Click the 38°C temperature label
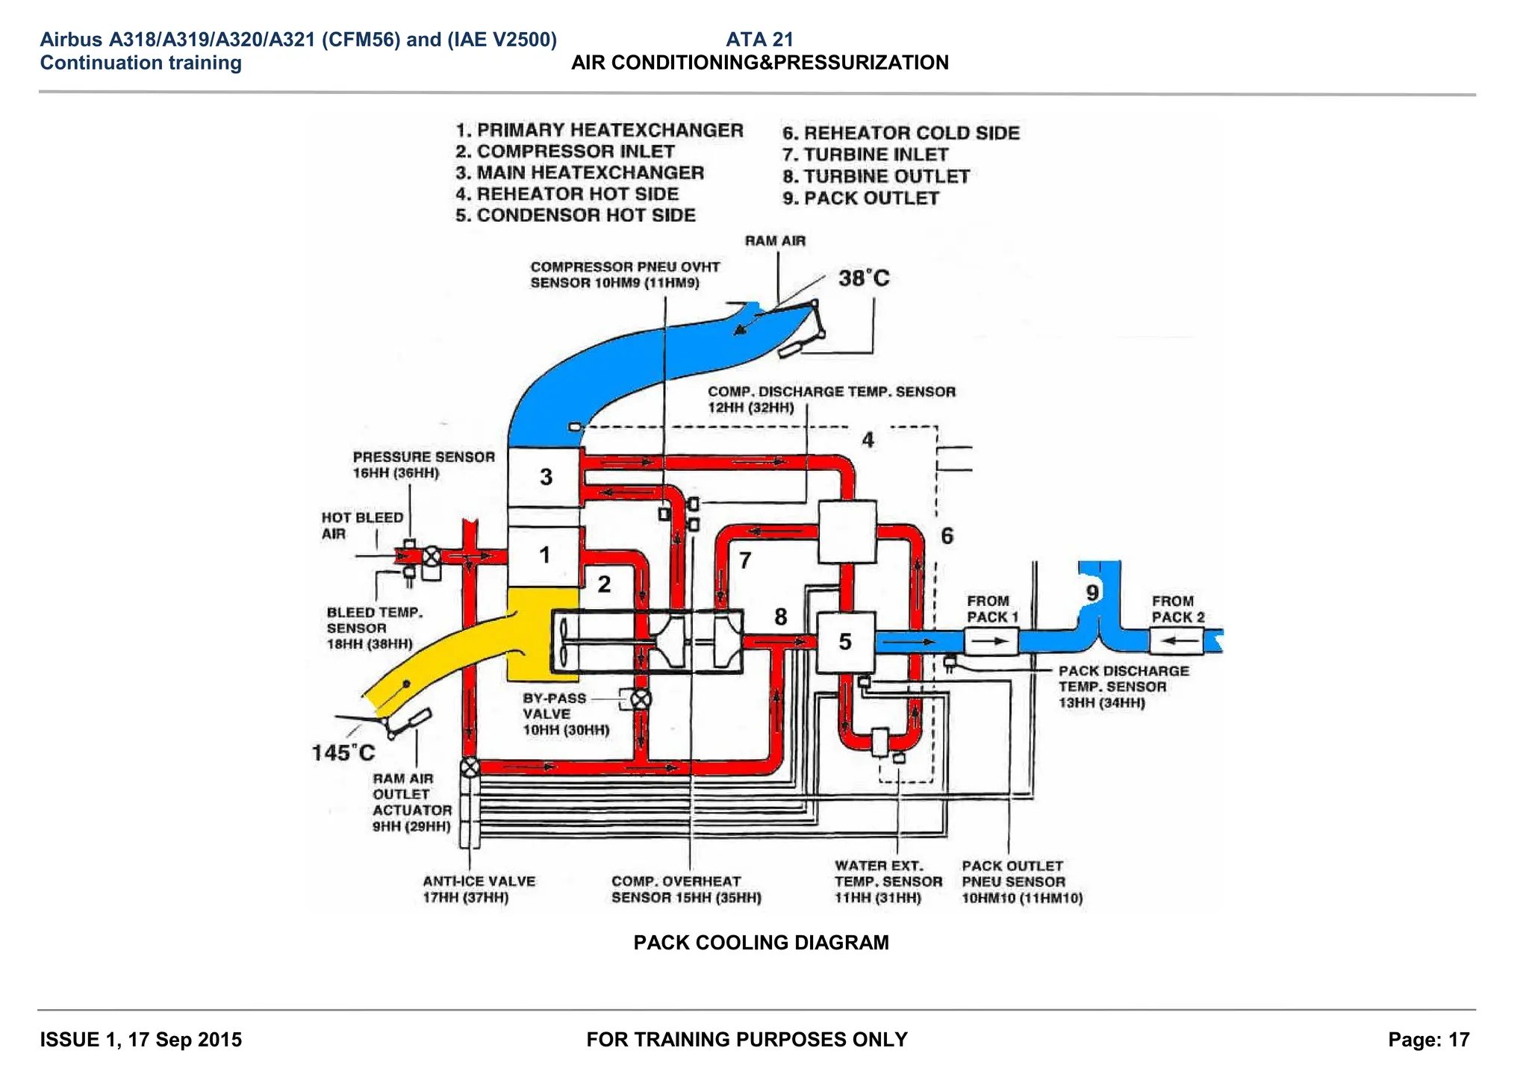tap(864, 278)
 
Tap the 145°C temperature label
tap(343, 752)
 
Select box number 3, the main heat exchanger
tap(545, 477)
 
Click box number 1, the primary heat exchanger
tap(545, 555)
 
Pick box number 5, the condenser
tap(845, 642)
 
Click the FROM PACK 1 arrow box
tap(991, 641)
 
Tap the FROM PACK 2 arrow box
tap(1175, 641)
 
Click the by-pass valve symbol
tap(641, 699)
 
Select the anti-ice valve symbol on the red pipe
tap(470, 767)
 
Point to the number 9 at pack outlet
tap(1092, 593)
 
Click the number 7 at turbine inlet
tap(744, 561)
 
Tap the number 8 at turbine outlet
tap(780, 617)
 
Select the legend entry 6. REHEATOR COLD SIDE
tap(900, 134)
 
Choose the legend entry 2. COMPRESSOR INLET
tap(565, 152)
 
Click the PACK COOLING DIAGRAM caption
tap(761, 943)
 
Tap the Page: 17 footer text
tap(1428, 1040)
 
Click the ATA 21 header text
tap(759, 40)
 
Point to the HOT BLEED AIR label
tap(361, 525)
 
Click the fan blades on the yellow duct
tap(563, 642)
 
